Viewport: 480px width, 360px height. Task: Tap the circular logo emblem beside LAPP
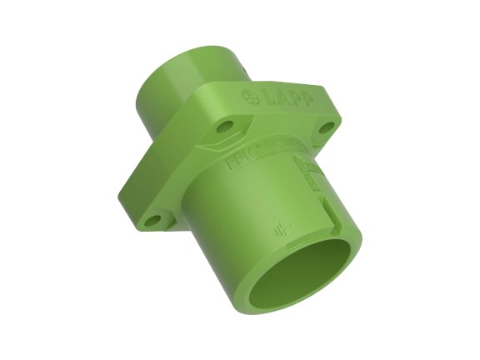point(248,93)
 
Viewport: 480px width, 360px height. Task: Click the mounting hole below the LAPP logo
point(226,129)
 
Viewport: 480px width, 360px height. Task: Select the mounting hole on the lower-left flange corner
point(151,221)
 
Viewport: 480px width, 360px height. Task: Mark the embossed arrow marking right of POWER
point(312,171)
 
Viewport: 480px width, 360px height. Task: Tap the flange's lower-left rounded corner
point(137,223)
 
